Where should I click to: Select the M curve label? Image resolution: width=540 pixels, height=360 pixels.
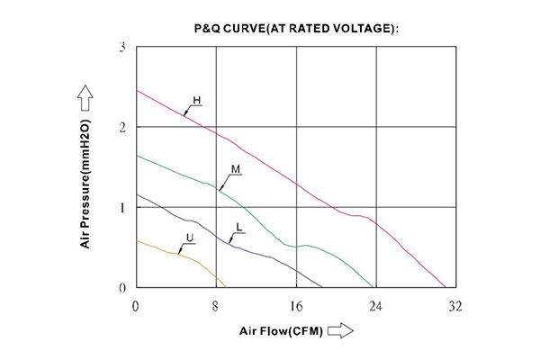[x=235, y=169]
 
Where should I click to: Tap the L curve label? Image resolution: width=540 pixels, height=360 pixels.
[x=238, y=227]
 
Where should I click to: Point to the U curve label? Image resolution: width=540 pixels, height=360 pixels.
[x=189, y=238]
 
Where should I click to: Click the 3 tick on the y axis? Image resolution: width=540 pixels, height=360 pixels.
[x=122, y=46]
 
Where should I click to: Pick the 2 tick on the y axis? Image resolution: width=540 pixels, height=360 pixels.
[x=122, y=127]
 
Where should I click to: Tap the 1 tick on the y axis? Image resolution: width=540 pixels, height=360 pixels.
[x=122, y=208]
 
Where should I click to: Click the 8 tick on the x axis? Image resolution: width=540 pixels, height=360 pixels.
[x=216, y=306]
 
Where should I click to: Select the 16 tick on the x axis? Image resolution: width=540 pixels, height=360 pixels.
[x=295, y=306]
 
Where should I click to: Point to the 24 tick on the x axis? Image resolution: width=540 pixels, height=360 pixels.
[x=375, y=306]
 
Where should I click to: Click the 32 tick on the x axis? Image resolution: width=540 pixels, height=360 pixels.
[x=455, y=306]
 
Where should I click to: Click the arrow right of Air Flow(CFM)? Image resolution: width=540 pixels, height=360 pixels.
[x=339, y=331]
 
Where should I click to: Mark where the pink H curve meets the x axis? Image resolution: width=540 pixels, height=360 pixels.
[x=445, y=288]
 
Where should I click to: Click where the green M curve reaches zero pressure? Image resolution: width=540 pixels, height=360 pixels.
[x=373, y=288]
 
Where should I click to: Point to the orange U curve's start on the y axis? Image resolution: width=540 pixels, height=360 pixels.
[x=136, y=240]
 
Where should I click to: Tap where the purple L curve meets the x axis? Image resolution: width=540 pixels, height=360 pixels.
[x=326, y=288]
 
